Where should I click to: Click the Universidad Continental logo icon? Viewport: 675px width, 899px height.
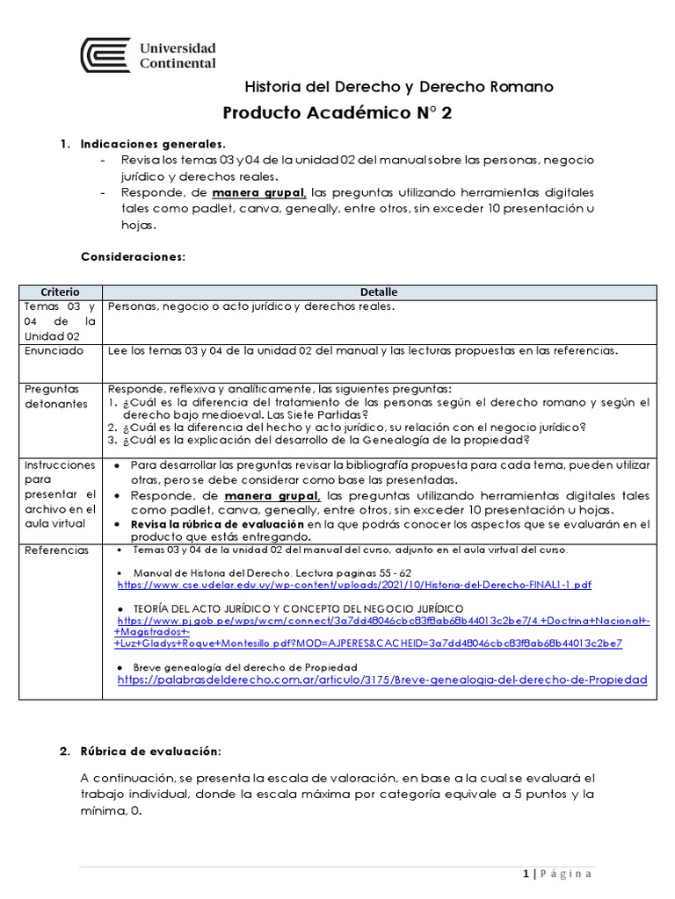click(x=105, y=54)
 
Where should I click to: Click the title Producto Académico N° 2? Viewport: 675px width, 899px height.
click(x=337, y=113)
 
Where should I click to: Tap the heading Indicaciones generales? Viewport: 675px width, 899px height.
click(x=153, y=143)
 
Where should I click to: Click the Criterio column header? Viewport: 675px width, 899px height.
click(x=60, y=291)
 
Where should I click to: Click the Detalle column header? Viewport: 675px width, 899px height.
click(x=379, y=291)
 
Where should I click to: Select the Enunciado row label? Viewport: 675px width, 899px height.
click(x=54, y=350)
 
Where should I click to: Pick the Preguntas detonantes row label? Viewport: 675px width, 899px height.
click(x=52, y=396)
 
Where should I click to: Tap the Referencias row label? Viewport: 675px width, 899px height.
click(x=56, y=550)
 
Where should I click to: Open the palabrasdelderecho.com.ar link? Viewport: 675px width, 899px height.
click(x=381, y=680)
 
